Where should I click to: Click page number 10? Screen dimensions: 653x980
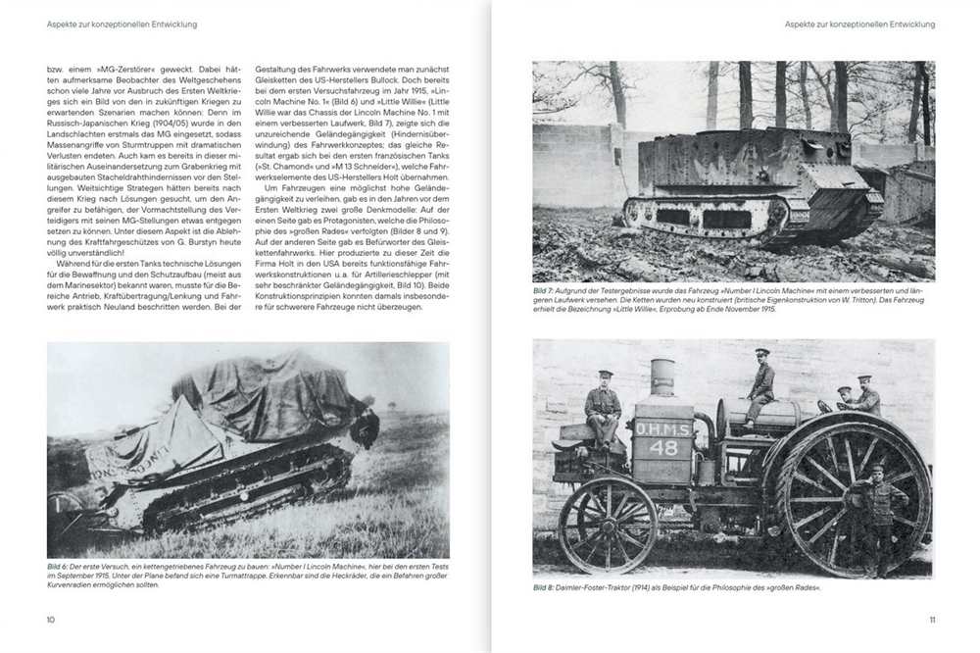coord(51,619)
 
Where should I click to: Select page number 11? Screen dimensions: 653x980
coord(931,619)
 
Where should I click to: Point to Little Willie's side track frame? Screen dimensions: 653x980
coord(706,214)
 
